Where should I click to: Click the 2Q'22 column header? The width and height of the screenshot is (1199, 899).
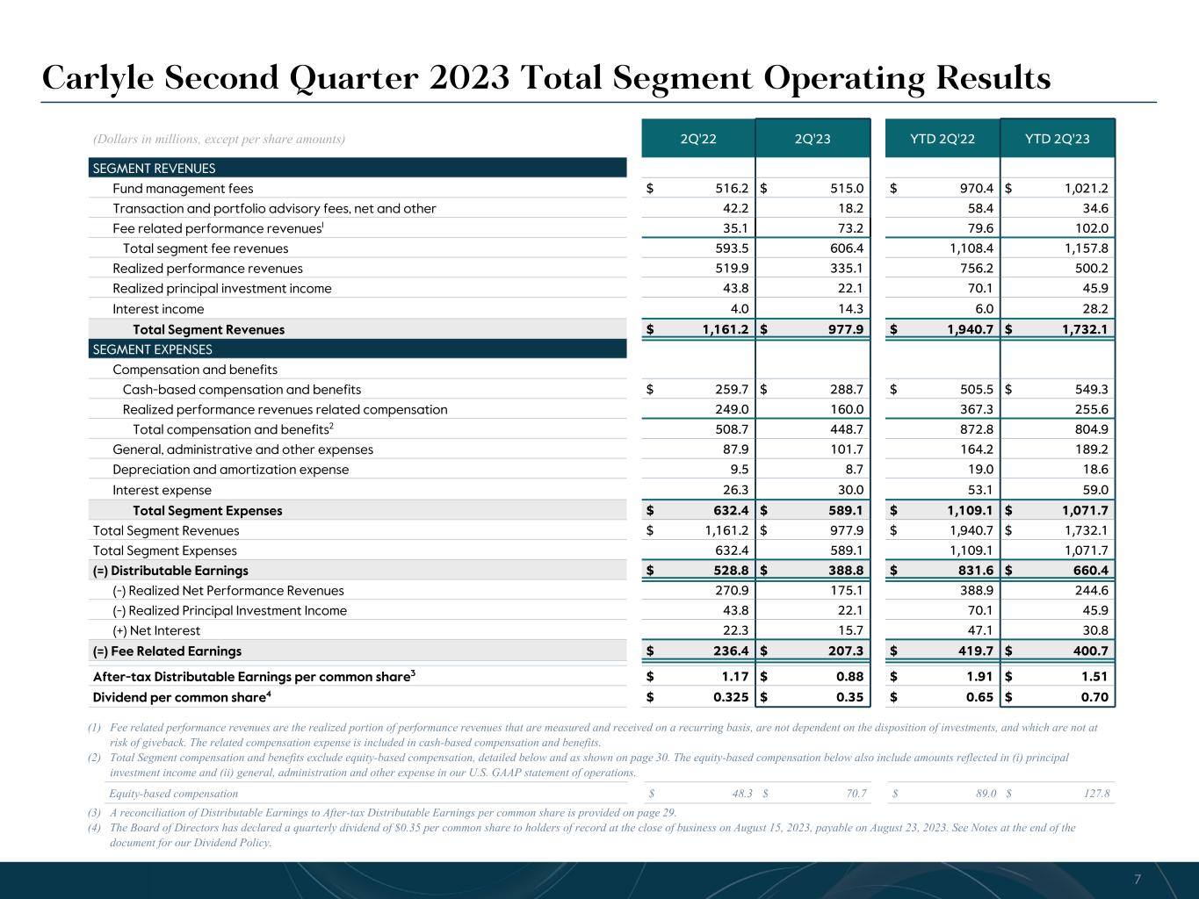[x=698, y=139]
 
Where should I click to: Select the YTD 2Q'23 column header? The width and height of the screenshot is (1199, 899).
[x=1057, y=139]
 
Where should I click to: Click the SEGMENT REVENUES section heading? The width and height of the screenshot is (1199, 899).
[x=154, y=169]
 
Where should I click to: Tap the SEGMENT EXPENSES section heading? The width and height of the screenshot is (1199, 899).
[x=152, y=349]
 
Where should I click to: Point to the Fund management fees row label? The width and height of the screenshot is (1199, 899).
[x=183, y=189]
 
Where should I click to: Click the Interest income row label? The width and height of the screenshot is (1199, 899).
[x=158, y=309]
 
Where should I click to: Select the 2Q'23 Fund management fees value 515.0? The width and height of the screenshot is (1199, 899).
[x=847, y=189]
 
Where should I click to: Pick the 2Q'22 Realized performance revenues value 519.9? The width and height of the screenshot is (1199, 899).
[x=733, y=269]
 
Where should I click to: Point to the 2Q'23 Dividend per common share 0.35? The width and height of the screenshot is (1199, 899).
[x=850, y=698]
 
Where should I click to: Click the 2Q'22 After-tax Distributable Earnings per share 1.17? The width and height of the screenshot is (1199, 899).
[x=735, y=677]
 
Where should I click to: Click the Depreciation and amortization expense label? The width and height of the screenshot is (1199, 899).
[x=230, y=470]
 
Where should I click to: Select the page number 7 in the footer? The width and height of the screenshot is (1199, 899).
[x=1138, y=880]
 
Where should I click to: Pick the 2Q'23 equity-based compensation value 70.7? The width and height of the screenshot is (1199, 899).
[x=853, y=795]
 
